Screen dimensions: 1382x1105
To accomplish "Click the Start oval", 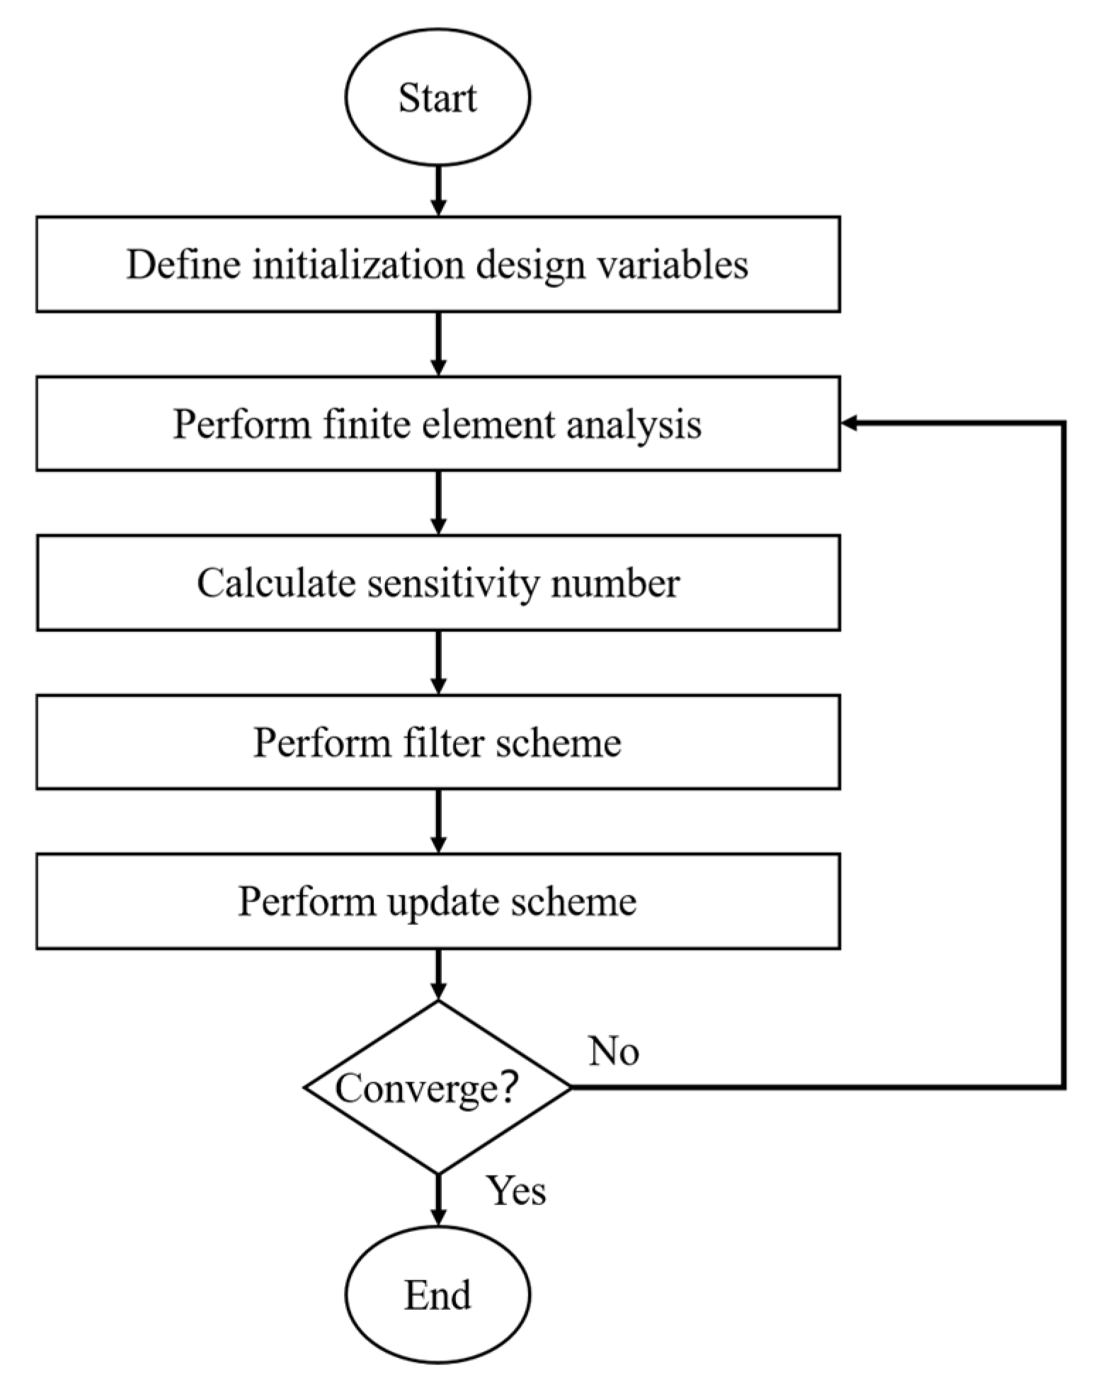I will point(437,98).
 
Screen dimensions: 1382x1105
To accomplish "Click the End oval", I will point(437,1295).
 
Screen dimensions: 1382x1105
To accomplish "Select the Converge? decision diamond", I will point(437,1088).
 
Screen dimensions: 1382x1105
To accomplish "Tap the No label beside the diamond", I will point(614,1052).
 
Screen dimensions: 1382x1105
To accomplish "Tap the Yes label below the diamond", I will point(515,1190).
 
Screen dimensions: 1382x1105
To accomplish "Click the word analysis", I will point(634,425).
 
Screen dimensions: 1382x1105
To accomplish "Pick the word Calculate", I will point(276,584).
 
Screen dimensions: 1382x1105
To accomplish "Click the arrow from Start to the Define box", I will point(438,191).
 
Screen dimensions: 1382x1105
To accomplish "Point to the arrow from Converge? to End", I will point(438,1199).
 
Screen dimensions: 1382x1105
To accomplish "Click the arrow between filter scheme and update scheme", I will point(438,821).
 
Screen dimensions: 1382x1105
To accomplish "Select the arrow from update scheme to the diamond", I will point(438,975).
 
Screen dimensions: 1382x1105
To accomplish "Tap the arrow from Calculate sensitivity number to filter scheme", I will point(438,662).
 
